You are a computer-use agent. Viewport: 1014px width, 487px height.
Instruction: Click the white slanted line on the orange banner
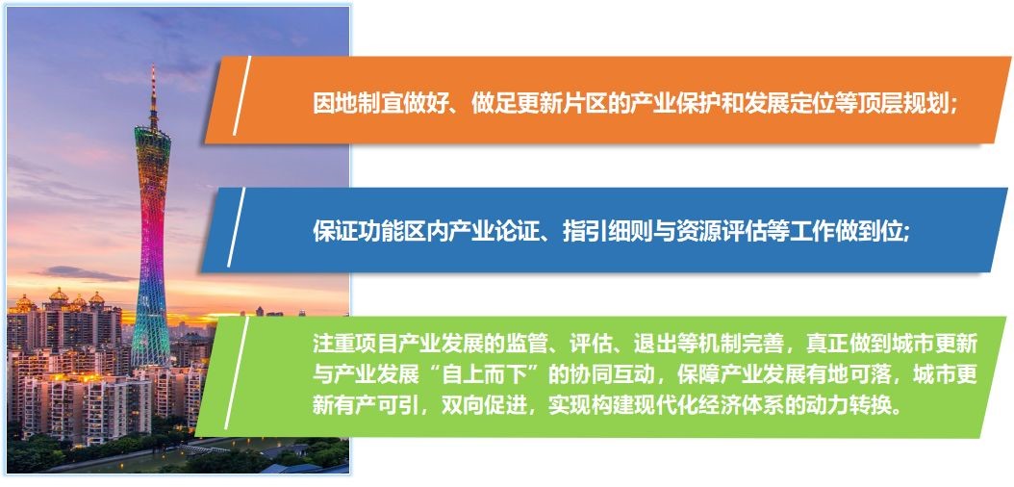(x=241, y=95)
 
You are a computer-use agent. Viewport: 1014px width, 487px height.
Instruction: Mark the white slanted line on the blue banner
(x=237, y=227)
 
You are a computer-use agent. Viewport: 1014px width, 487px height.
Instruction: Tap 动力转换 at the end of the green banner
(x=858, y=405)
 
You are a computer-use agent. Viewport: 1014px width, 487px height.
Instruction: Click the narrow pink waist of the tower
(x=151, y=240)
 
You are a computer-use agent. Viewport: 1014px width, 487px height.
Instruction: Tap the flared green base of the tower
(x=151, y=336)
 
